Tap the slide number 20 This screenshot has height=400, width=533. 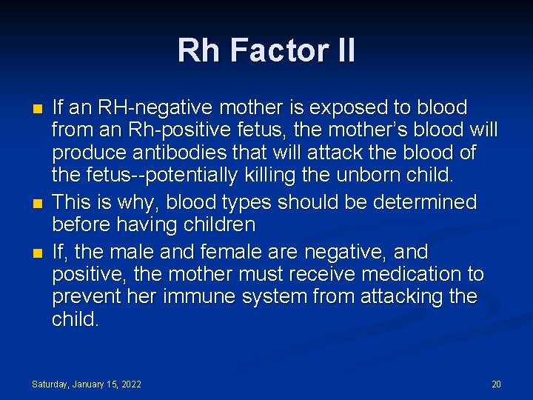pyautogui.click(x=496, y=384)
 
